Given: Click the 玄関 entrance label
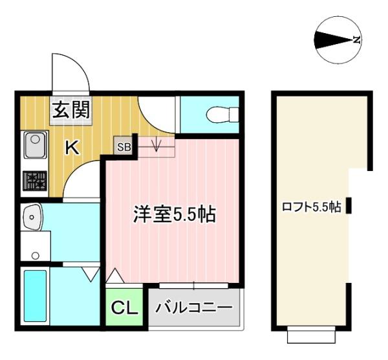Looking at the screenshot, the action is click(71, 110).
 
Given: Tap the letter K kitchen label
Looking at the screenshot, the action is click(72, 147).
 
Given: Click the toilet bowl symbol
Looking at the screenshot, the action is click(222, 115).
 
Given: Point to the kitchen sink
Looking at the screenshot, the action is click(36, 144).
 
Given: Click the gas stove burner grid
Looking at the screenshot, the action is click(35, 181).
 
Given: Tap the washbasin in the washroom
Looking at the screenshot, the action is click(32, 217).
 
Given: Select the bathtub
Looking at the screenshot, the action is click(36, 296).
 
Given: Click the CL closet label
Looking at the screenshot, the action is click(124, 308).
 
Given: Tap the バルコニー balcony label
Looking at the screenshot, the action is click(194, 308).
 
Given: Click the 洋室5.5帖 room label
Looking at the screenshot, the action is click(175, 214).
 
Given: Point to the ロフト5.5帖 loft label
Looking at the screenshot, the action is click(312, 207).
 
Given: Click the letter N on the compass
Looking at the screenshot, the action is click(356, 39).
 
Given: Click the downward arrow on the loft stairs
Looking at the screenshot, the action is click(156, 145).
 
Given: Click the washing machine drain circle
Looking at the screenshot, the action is click(36, 255).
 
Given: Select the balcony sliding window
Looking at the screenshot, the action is click(194, 286).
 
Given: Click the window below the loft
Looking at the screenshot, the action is click(311, 335).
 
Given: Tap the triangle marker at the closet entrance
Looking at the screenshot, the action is click(115, 276).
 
